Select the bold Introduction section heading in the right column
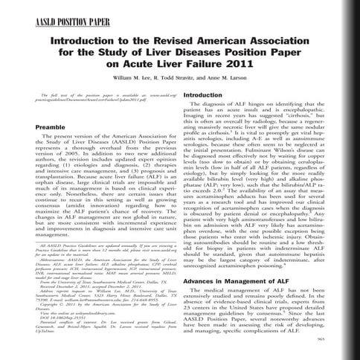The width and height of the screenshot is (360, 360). pos(205,118)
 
